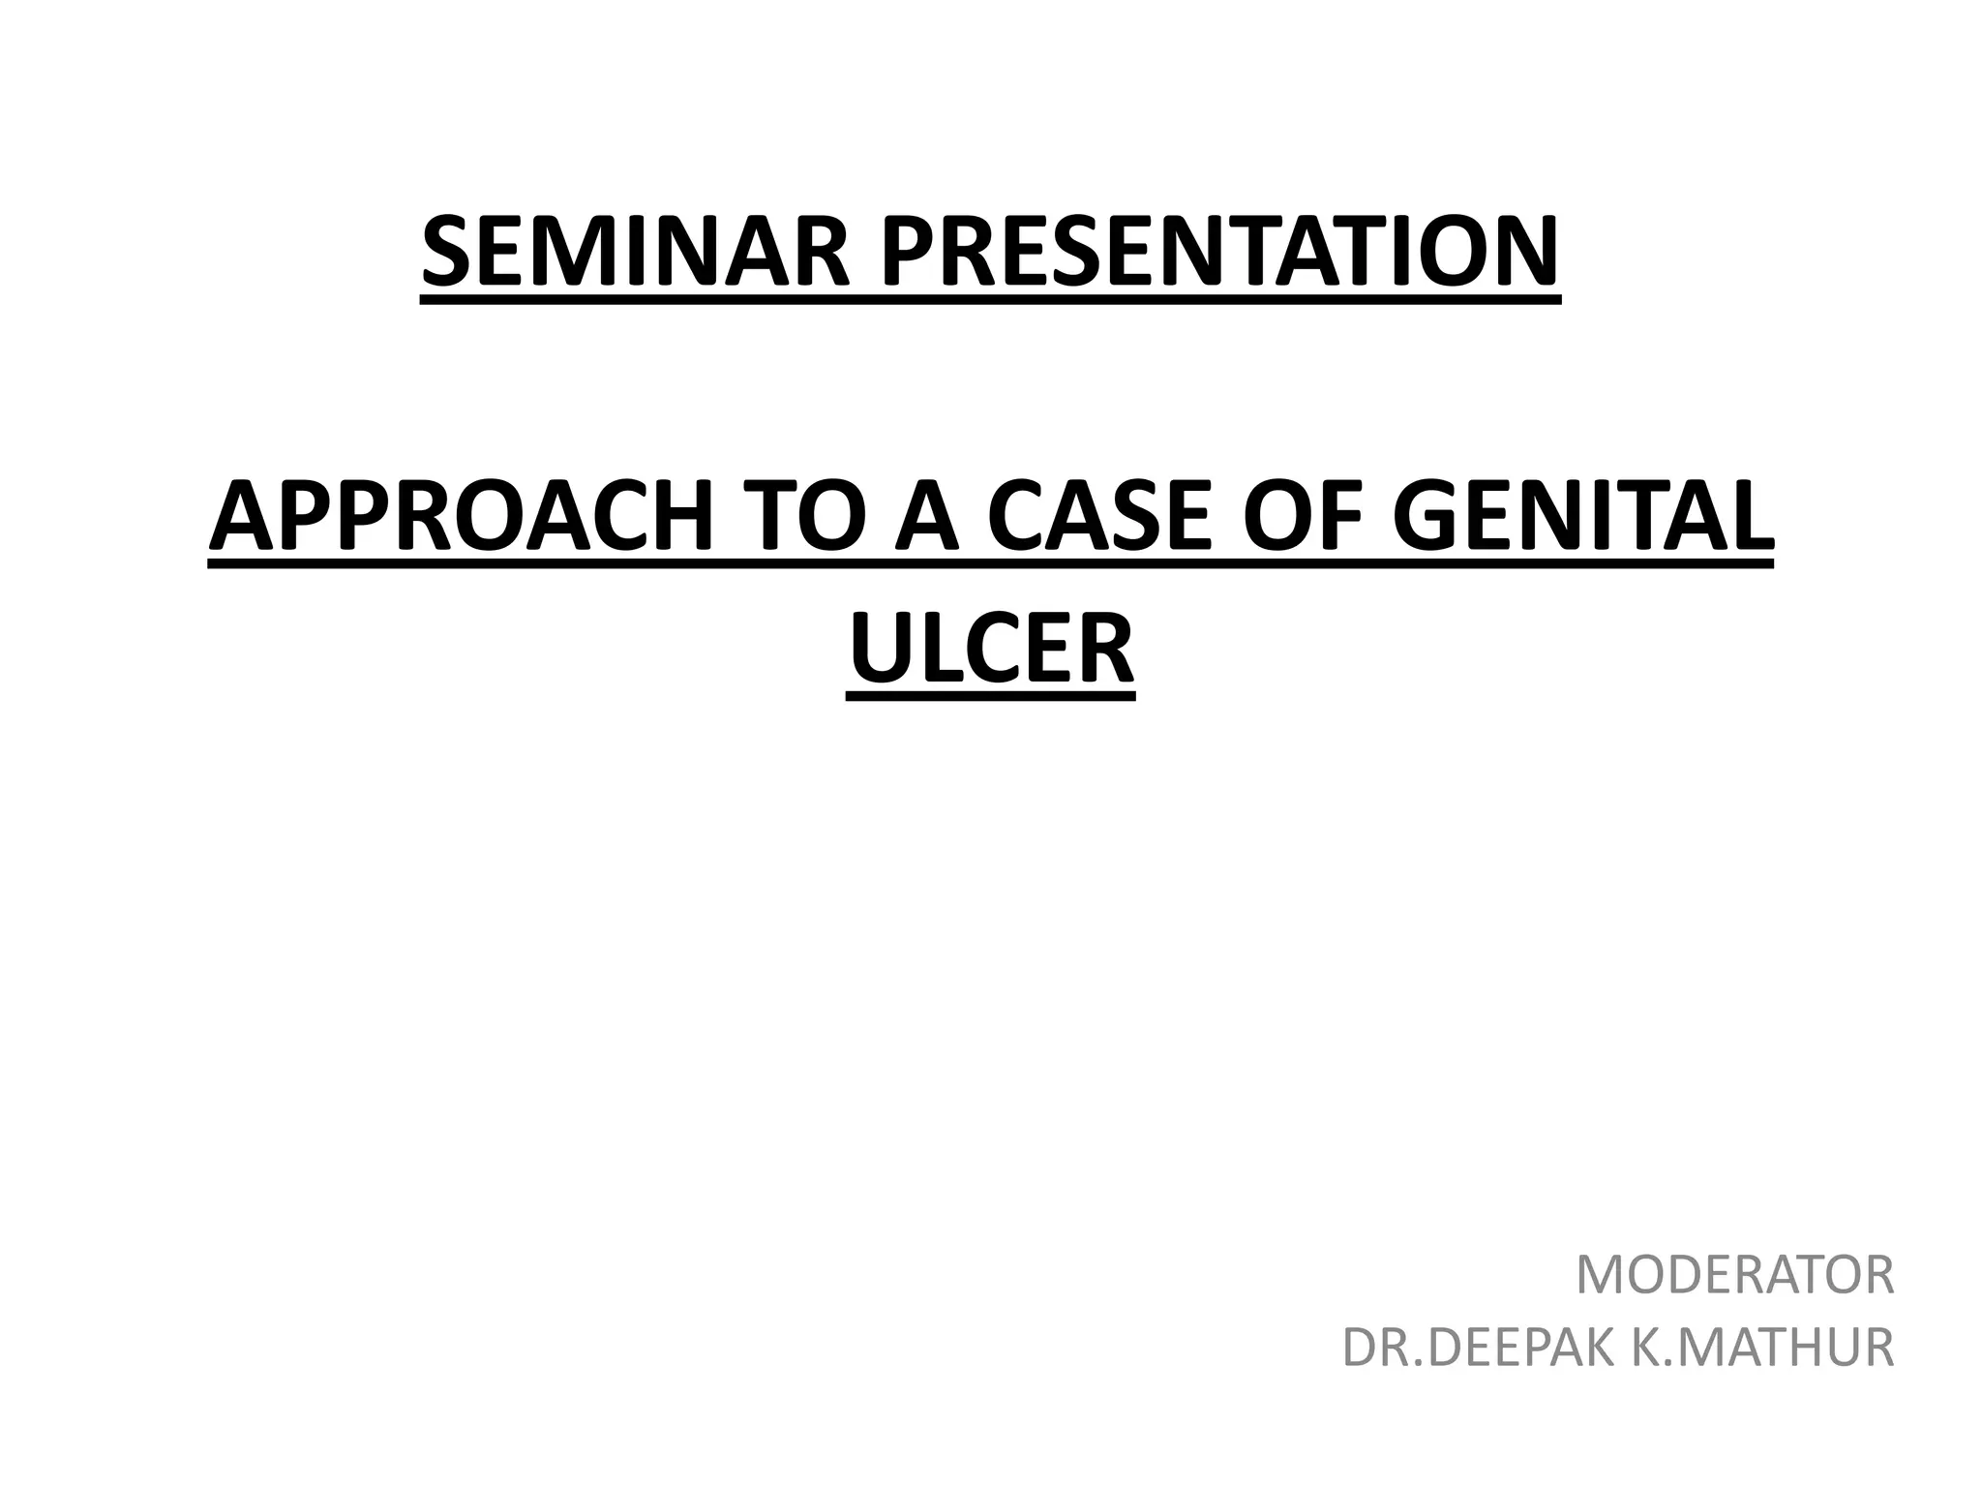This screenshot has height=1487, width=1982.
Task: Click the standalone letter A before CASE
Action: (927, 516)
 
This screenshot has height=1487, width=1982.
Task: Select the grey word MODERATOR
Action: (1735, 1275)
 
